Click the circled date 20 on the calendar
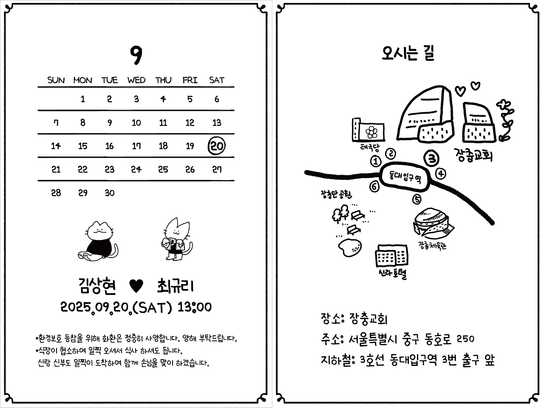[x=217, y=146]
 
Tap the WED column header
[x=136, y=80]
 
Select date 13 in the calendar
[x=217, y=123]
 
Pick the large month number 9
[x=136, y=55]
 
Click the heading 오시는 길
[x=408, y=54]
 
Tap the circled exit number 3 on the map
[x=432, y=159]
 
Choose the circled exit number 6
[x=374, y=186]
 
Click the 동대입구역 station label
[x=405, y=175]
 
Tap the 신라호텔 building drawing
[x=391, y=257]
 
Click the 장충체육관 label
[x=432, y=246]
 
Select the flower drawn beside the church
[x=505, y=119]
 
